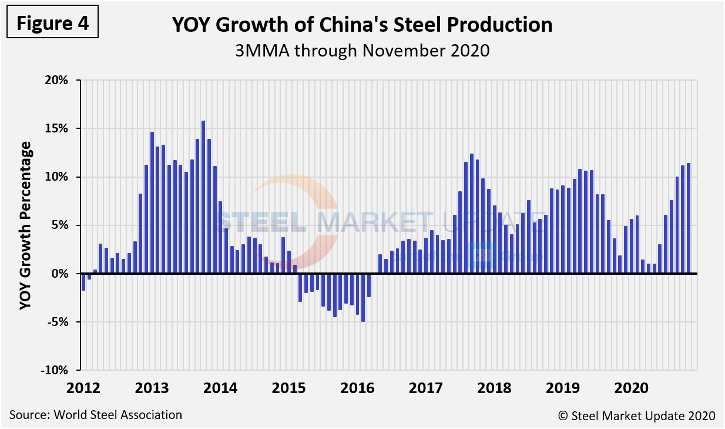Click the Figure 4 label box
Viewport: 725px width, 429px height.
coord(52,23)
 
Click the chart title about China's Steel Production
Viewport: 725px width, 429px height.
coord(362,25)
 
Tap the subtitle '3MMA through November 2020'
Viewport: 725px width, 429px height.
coord(362,51)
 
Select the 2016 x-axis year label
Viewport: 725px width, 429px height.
coord(357,388)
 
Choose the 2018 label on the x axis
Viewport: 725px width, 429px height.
coord(494,388)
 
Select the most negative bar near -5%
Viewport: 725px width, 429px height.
coord(363,297)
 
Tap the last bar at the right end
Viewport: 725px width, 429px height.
coord(688,218)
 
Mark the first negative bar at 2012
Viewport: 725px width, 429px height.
coord(83,282)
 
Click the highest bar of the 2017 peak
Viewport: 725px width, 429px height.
coord(471,214)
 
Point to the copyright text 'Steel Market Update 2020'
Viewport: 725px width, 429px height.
coord(637,415)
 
